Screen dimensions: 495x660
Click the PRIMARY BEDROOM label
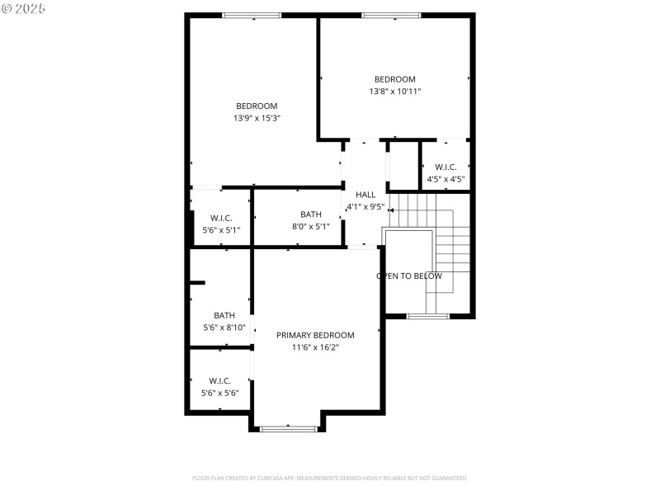(315, 335)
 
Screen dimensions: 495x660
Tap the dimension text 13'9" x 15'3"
(257, 118)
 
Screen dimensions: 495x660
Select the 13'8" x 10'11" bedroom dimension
(395, 92)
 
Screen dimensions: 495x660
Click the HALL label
(365, 195)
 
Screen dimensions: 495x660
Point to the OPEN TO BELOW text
(409, 276)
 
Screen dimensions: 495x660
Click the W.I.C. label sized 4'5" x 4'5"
(445, 167)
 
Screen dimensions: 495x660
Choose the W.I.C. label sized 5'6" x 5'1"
(220, 219)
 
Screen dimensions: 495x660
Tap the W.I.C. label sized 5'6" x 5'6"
(220, 380)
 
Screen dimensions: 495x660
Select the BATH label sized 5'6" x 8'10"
(224, 315)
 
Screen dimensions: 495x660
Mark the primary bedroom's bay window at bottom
(289, 428)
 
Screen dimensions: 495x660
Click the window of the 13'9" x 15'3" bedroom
(252, 15)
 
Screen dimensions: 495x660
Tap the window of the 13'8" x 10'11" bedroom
(391, 15)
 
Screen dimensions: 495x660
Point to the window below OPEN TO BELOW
(428, 316)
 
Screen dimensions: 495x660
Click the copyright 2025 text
(24, 8)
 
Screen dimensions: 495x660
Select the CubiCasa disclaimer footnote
(330, 478)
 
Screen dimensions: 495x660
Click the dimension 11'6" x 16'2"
(315, 347)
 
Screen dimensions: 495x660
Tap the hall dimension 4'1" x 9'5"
(365, 206)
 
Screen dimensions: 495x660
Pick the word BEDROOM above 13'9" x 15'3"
(257, 106)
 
